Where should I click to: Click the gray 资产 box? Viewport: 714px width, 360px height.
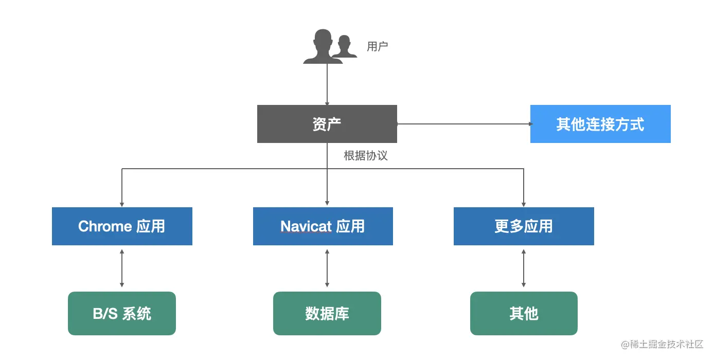tap(327, 124)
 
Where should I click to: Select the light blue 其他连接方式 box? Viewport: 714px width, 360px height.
tap(600, 124)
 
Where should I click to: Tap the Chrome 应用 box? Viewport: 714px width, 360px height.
tap(122, 226)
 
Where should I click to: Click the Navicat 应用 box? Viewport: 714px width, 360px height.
tap(323, 226)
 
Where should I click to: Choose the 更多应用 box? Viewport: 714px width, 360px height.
tap(524, 226)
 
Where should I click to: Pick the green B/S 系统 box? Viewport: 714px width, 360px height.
tap(122, 314)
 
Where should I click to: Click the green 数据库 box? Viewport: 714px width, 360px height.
tap(327, 314)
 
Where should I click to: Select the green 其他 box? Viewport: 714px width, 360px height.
tap(524, 314)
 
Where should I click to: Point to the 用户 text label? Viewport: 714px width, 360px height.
tap(377, 47)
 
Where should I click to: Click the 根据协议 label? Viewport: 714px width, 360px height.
tap(365, 156)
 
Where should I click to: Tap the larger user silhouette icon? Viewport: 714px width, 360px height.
tap(322, 47)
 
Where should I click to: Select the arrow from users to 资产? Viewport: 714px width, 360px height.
tap(327, 85)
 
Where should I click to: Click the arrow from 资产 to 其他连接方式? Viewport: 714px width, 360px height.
tap(463, 124)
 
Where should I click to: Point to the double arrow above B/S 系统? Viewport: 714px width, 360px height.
tap(122, 268)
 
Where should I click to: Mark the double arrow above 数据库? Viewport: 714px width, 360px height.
tap(327, 268)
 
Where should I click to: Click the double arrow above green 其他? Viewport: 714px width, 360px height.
tap(524, 268)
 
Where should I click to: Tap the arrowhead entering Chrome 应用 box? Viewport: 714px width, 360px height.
tap(122, 204)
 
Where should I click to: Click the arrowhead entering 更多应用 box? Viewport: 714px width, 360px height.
tap(524, 204)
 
